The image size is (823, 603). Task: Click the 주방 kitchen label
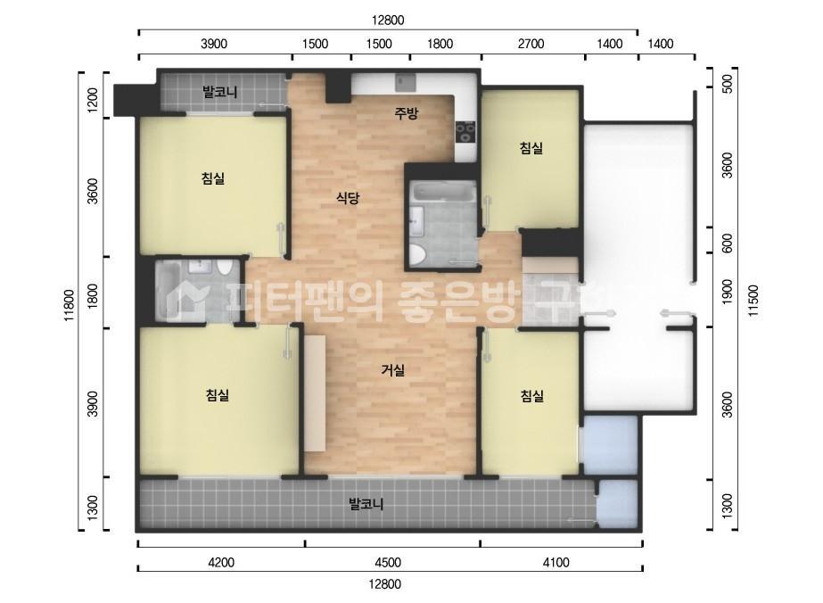pos(407,113)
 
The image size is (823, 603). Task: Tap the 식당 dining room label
pos(347,198)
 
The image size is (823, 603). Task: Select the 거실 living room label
pos(393,370)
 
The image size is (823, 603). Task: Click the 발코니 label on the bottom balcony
pos(366,504)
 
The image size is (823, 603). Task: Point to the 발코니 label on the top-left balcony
pos(219,91)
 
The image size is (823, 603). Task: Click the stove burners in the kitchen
pos(465,133)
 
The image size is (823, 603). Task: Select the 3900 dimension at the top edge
pos(214,44)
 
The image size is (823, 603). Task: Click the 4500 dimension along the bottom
pos(388,562)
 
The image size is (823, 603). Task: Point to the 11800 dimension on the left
pos(70,309)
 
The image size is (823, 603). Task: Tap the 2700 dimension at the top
pos(531,44)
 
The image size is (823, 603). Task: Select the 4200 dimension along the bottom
pos(220,562)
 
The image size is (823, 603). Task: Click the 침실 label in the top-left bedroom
pos(213,178)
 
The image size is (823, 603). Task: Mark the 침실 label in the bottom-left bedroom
pos(217,395)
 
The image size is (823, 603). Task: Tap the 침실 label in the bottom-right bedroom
pos(532,396)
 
